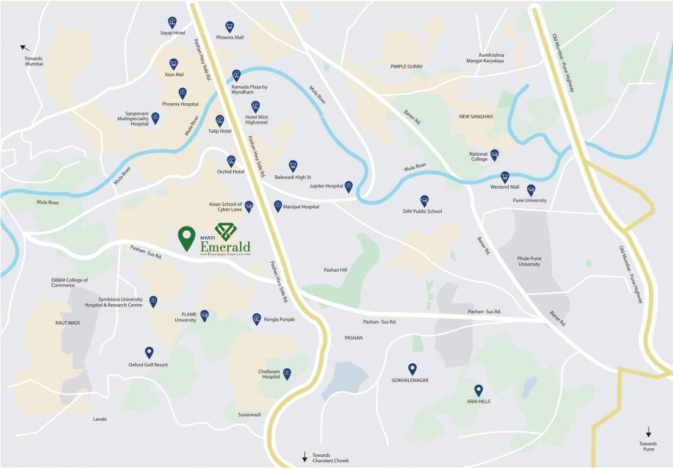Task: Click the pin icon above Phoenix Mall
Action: pyautogui.click(x=229, y=26)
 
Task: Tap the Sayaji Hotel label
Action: pyautogui.click(x=173, y=32)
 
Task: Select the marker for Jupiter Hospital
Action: pyautogui.click(x=348, y=186)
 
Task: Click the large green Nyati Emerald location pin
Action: pyautogui.click(x=187, y=238)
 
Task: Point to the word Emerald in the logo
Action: pyautogui.click(x=225, y=246)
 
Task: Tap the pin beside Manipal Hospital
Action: pyautogui.click(x=278, y=206)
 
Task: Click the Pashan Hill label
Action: pyautogui.click(x=335, y=269)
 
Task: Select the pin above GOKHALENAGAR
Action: pyautogui.click(x=412, y=368)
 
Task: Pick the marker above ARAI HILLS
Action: pyautogui.click(x=478, y=390)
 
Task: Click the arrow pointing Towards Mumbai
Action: pyautogui.click(x=25, y=48)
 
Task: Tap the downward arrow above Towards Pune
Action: pyautogui.click(x=649, y=432)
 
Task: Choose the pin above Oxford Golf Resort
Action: pyautogui.click(x=148, y=352)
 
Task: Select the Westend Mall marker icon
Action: pyautogui.click(x=505, y=176)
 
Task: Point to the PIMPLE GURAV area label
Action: pyautogui.click(x=406, y=66)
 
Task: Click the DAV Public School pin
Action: pyautogui.click(x=424, y=200)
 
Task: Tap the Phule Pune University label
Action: pyautogui.click(x=528, y=261)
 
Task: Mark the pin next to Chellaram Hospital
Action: pyautogui.click(x=287, y=373)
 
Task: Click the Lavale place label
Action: pyautogui.click(x=99, y=419)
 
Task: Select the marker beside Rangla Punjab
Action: pyautogui.click(x=256, y=318)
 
